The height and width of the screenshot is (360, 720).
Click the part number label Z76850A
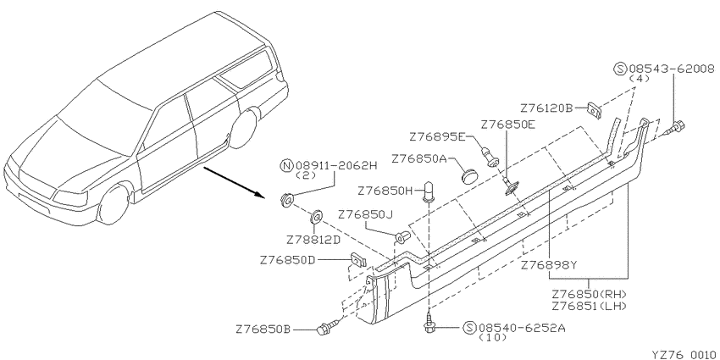pos(419,159)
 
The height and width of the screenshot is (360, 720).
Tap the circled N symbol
pos(286,165)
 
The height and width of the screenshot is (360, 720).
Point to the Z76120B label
pos(547,108)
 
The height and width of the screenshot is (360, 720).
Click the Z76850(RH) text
pos(590,294)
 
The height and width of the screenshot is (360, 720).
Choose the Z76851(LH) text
pos(590,305)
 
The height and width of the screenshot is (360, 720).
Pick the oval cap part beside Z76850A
pos(468,175)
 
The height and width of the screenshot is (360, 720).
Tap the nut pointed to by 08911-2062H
pos(286,200)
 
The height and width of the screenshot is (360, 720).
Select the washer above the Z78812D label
pos(317,215)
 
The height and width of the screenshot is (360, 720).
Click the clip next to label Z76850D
pos(358,260)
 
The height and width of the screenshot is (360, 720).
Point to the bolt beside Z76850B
pos(327,327)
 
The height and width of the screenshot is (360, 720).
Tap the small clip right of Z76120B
pos(595,110)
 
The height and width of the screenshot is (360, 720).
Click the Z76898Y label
pos(549,265)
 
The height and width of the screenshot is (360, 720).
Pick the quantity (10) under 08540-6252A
pos(493,337)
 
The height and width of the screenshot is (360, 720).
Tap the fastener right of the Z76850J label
pos(402,236)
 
